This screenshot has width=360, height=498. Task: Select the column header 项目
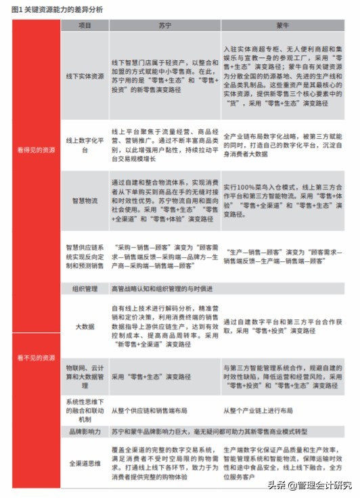pos(85,26)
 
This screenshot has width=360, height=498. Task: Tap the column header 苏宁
pos(164,26)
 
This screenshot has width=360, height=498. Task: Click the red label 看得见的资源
pos(36,150)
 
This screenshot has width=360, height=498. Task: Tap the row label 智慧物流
pos(85,201)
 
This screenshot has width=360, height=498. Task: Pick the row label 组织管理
pos(85,288)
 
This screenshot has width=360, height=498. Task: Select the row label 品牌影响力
pos(85,430)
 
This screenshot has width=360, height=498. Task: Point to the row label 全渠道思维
pos(85,463)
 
